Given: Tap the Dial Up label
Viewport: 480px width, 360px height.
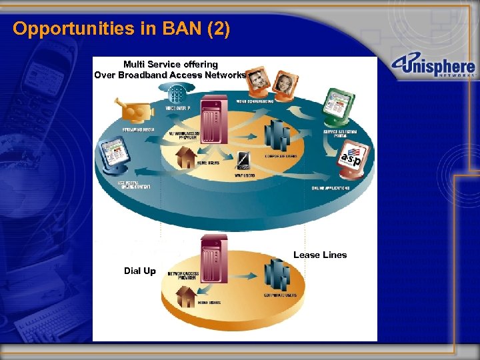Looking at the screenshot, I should click(x=140, y=271).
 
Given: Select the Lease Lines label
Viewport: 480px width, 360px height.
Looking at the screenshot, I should click(x=320, y=255).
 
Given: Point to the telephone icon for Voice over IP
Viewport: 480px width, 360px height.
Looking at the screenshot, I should click(x=176, y=95).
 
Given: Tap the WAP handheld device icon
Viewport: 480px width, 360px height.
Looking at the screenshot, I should click(x=244, y=161).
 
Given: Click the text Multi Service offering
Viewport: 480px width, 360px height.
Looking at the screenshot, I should click(x=170, y=64).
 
